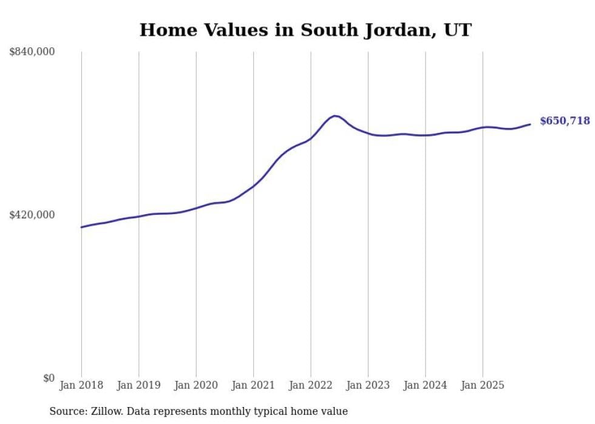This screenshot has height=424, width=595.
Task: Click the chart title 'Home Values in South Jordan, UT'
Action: (x=305, y=30)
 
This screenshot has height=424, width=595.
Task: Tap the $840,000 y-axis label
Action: (x=32, y=52)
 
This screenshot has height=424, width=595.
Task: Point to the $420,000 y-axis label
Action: (x=32, y=215)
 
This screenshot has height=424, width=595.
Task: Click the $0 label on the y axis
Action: (x=49, y=378)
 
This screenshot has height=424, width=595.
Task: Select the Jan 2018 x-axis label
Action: (x=81, y=385)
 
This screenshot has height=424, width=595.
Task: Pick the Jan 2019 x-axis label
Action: (x=138, y=385)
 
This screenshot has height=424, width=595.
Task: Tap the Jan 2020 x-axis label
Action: (x=196, y=385)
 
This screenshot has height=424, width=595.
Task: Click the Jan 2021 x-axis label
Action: (x=253, y=385)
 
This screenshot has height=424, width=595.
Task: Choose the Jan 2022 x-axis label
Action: (x=311, y=385)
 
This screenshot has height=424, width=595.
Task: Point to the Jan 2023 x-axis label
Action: (x=368, y=385)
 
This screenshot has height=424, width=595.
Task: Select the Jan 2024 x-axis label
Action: (x=425, y=385)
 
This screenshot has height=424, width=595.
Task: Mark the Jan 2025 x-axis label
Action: (x=483, y=385)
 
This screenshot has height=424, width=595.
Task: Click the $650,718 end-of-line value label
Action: (x=565, y=121)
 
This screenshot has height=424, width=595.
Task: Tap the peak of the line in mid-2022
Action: (x=335, y=116)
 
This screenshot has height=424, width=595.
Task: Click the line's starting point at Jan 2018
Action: (x=81, y=227)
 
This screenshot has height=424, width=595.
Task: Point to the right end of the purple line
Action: (x=530, y=124)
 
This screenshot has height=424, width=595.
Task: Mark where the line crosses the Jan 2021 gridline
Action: (x=253, y=186)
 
